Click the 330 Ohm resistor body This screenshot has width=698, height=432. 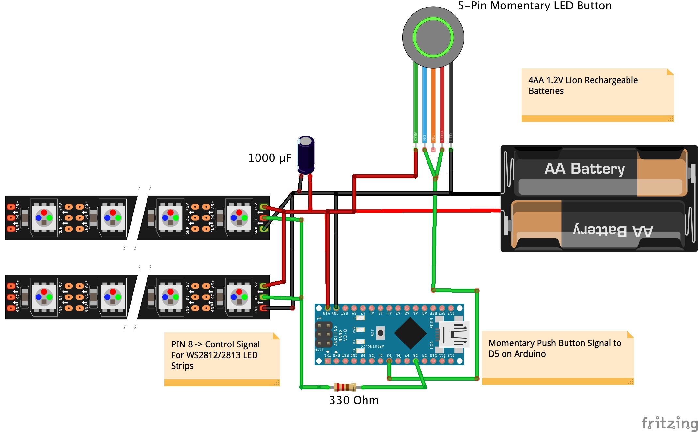point(345,387)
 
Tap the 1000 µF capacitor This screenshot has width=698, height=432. point(306,155)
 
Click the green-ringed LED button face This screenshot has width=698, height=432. point(433,37)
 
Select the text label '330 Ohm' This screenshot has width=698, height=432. point(354,400)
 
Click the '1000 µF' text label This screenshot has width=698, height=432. point(270,158)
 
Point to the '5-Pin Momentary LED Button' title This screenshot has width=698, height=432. point(535,6)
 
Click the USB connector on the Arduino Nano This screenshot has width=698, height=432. point(454,334)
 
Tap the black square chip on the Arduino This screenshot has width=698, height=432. point(410,333)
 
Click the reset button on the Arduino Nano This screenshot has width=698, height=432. point(380,333)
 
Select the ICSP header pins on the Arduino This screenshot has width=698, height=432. point(323,334)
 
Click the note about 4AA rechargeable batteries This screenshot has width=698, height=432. point(597,95)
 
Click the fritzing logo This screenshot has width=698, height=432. point(669,423)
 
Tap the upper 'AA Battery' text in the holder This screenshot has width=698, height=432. point(584,169)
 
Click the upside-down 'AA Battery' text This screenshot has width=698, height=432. point(613,231)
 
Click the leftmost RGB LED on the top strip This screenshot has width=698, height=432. point(44,218)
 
